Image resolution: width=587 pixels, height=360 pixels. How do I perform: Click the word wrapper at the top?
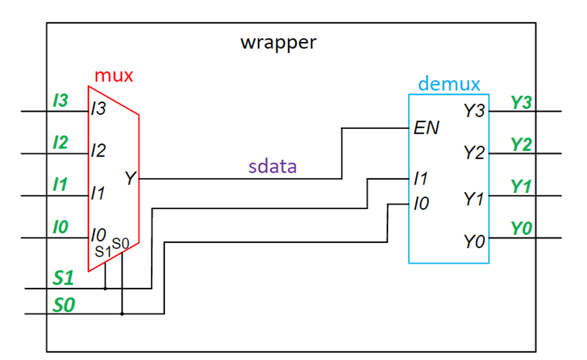point(278,42)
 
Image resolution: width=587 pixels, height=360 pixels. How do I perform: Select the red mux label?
point(114,76)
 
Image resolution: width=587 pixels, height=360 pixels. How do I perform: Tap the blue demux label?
point(449,84)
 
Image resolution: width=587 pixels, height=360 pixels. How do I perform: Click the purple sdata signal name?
point(272,166)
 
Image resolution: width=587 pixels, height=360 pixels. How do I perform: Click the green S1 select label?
point(64,278)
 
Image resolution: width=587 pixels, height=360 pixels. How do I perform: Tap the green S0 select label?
point(64,304)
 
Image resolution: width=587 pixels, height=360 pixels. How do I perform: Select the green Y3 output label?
point(521,103)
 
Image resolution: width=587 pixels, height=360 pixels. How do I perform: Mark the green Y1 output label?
point(521,187)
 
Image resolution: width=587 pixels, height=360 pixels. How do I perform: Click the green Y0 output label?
point(521,229)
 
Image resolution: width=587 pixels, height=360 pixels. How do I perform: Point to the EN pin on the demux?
point(426,128)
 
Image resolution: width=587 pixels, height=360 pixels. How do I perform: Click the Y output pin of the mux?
point(130,179)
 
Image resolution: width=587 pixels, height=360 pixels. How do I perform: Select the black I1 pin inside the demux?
point(421,179)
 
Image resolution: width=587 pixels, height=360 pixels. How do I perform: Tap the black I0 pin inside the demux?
point(421,204)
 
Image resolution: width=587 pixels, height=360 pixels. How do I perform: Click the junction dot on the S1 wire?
point(105,288)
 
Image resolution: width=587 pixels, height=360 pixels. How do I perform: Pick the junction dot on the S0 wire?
point(122,314)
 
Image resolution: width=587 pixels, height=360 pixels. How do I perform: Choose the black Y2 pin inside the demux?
point(474,153)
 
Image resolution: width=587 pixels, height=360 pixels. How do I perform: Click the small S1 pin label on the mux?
point(103,251)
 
